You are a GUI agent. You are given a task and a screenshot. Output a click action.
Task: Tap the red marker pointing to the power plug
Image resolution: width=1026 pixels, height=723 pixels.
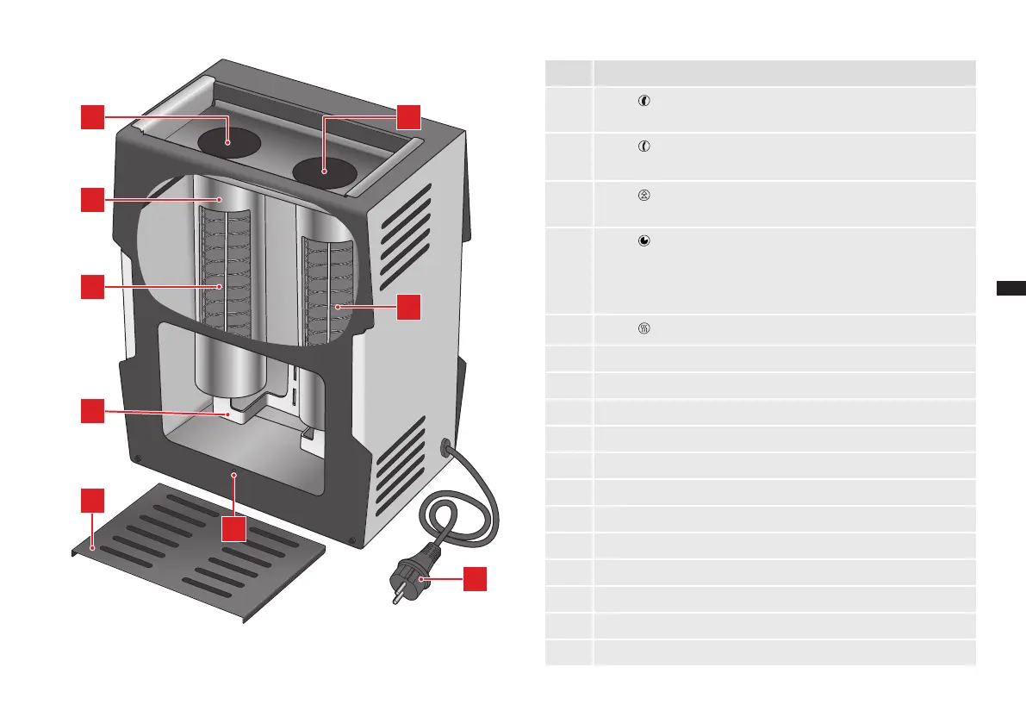(x=474, y=578)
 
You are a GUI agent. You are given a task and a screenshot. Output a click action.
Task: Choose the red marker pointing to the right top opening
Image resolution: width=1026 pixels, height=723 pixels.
(x=408, y=117)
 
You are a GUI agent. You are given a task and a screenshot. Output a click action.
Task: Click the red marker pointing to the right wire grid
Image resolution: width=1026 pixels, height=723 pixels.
(x=408, y=307)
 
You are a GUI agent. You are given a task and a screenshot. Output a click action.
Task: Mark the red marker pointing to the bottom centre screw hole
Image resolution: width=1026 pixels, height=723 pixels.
(x=233, y=529)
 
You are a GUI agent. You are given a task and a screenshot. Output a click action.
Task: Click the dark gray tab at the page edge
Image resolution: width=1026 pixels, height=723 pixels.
(x=1010, y=288)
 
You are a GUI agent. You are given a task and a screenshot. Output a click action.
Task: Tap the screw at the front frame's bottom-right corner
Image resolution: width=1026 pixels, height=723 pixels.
(x=352, y=541)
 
